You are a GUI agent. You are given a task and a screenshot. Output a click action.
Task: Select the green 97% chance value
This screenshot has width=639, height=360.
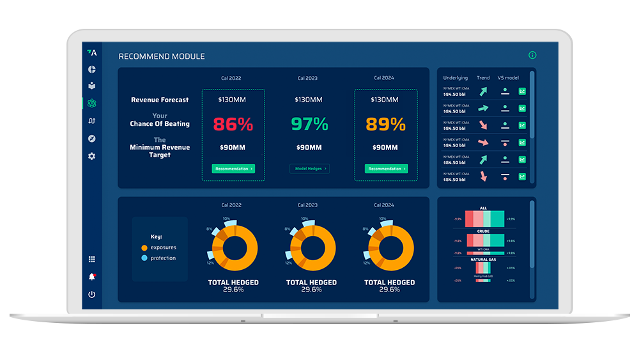[x=309, y=124]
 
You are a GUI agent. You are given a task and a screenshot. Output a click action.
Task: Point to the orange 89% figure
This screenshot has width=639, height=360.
[x=386, y=124]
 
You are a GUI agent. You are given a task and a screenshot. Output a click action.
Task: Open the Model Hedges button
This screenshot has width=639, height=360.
[x=309, y=169]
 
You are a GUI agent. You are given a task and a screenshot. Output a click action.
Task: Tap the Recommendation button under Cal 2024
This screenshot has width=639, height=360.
[x=386, y=169]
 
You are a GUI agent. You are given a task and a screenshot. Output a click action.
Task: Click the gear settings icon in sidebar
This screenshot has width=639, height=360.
[x=91, y=156]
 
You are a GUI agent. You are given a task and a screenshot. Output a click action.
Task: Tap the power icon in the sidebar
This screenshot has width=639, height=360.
[x=91, y=294]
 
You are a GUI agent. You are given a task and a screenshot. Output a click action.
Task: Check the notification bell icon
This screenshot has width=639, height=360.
[x=91, y=277]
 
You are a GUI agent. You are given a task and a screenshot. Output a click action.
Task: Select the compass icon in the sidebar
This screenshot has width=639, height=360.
[x=91, y=139]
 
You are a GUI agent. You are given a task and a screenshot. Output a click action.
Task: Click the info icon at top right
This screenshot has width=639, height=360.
[x=532, y=56]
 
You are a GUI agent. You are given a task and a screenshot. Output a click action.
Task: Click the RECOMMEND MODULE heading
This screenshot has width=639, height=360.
[x=162, y=56]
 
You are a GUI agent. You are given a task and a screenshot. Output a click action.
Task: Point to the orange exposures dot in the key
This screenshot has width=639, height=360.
[x=144, y=247]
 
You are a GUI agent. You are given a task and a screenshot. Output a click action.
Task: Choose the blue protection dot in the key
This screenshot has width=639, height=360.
[x=144, y=258]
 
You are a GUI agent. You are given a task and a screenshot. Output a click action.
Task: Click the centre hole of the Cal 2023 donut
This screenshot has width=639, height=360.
[x=311, y=247]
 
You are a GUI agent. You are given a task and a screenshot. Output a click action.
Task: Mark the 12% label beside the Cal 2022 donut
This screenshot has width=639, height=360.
[x=210, y=263]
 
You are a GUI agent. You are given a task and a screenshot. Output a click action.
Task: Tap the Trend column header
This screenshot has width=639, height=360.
[x=483, y=78]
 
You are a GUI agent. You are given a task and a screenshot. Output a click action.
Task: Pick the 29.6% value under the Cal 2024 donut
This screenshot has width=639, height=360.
[x=389, y=290]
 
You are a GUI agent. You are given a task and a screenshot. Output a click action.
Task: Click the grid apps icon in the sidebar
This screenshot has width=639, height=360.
[x=91, y=259]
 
